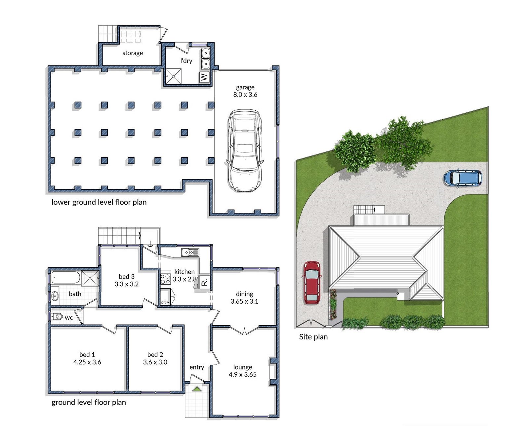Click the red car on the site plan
[x=311, y=283]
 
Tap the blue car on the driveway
[x=463, y=178]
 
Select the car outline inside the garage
[x=244, y=151]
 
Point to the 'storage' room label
[x=133, y=53]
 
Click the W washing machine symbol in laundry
[x=204, y=77]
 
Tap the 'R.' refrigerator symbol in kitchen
[x=204, y=282]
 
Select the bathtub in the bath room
[x=66, y=277]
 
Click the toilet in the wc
[x=57, y=316]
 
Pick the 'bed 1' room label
[x=87, y=355]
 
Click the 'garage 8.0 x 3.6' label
[x=245, y=91]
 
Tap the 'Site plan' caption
[x=313, y=337]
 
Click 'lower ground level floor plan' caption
[x=99, y=202]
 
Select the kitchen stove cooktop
[x=165, y=279]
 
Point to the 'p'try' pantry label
[x=165, y=302]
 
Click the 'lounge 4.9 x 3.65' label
[x=242, y=371]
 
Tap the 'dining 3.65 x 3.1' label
[x=244, y=297]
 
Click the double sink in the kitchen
[x=190, y=253]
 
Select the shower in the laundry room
[x=173, y=76]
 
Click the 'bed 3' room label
[x=127, y=277]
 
